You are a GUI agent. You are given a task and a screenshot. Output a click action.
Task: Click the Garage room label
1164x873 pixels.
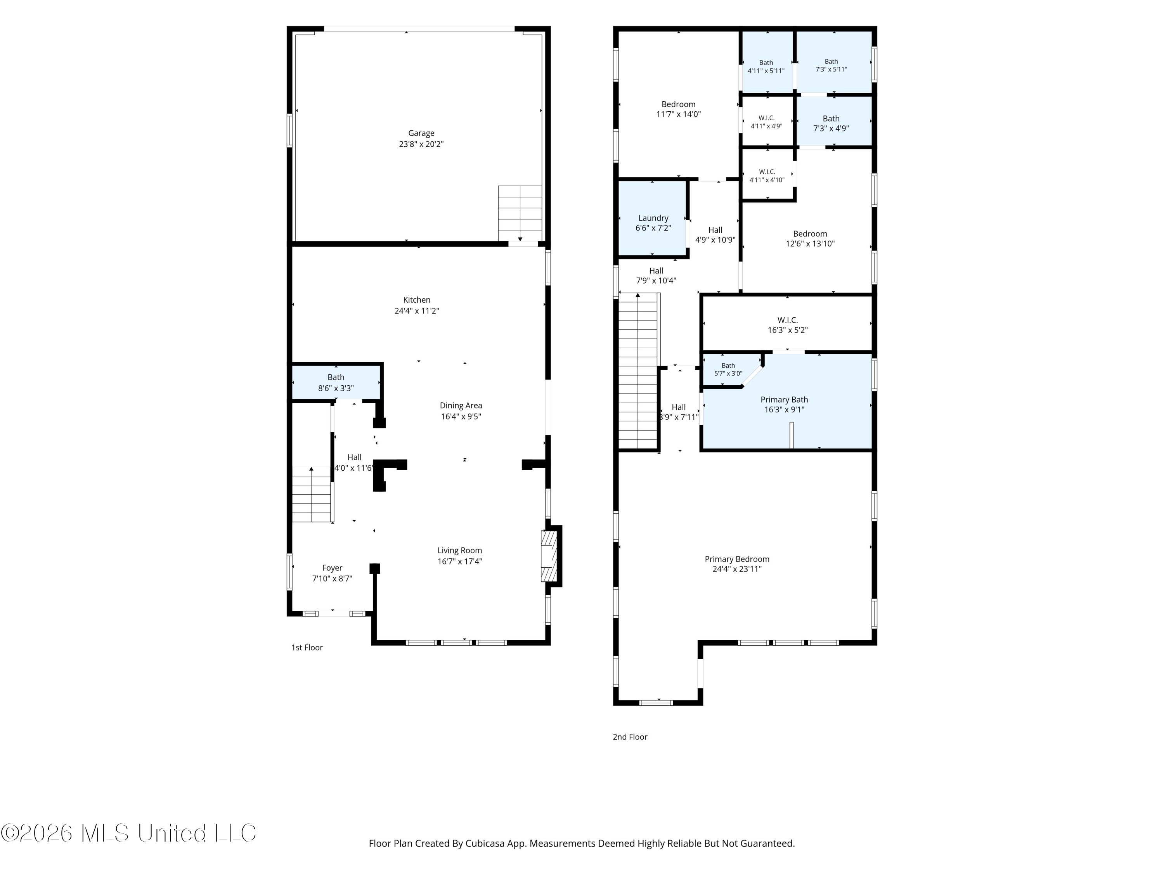[421, 133]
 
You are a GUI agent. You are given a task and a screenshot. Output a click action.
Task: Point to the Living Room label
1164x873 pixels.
[459, 551]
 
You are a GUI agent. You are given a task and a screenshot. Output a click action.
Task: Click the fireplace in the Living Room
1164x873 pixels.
[549, 556]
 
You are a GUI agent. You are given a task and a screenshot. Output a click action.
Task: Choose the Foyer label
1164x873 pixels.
[332, 568]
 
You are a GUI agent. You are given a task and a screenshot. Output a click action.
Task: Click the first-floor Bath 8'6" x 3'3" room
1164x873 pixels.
[336, 382]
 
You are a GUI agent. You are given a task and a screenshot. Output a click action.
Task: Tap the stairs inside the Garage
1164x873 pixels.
[520, 213]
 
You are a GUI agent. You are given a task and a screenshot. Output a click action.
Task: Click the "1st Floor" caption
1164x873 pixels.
[307, 647]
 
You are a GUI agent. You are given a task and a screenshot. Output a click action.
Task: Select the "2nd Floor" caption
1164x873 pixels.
[630, 737]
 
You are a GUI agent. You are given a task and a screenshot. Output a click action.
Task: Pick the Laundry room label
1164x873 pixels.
[653, 218]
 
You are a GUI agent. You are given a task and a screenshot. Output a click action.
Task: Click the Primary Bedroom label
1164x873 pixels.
[737, 559]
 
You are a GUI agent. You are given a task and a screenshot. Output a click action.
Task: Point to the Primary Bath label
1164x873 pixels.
[784, 399]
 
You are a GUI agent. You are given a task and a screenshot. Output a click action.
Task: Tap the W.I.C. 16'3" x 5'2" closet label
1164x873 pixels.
[787, 320]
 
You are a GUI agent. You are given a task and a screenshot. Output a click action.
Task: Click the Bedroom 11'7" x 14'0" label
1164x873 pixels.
[678, 104]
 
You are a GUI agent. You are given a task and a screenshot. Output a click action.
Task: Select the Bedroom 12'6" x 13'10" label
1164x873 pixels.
[810, 234]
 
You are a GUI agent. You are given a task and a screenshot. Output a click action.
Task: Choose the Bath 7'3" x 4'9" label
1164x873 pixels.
[831, 118]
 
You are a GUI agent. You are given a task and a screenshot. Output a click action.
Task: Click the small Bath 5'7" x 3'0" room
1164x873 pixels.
[729, 369]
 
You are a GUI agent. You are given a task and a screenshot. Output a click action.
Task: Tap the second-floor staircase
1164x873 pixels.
[638, 371]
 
